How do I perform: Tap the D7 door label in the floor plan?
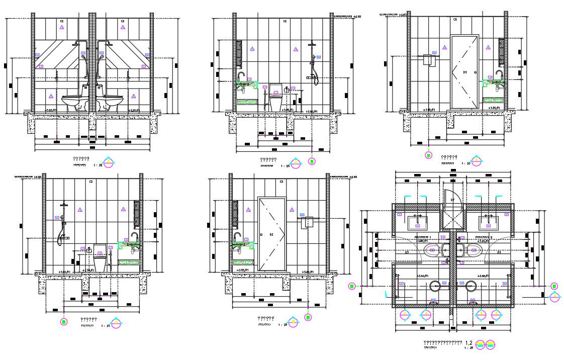[452, 200]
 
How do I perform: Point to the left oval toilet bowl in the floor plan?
[432, 250]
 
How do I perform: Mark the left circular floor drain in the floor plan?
[435, 286]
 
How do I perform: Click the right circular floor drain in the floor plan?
[471, 286]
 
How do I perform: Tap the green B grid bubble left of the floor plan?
[352, 286]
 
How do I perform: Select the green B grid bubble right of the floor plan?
[554, 286]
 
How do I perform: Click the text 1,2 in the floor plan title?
[468, 342]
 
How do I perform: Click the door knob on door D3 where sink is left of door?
[261, 234]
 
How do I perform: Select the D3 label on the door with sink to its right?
[465, 72]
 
